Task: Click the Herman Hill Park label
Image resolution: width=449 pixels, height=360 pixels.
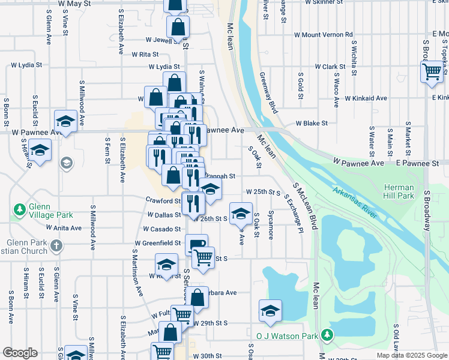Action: pyautogui.click(x=399, y=191)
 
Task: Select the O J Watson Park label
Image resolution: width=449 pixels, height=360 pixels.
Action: pyautogui.click(x=287, y=335)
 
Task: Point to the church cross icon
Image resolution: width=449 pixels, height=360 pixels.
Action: pyautogui.click(x=56, y=245)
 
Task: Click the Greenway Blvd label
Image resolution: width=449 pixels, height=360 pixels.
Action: pyautogui.click(x=268, y=93)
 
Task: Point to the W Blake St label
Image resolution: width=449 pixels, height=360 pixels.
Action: pyautogui.click(x=311, y=123)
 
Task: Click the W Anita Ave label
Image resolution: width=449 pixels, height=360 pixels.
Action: pyautogui.click(x=64, y=228)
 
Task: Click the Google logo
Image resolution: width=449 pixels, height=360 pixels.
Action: pyautogui.click(x=20, y=353)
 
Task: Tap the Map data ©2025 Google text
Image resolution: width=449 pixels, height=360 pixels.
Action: pyautogui.click(x=411, y=355)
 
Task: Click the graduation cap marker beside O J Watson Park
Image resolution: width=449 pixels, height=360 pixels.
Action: pyautogui.click(x=270, y=310)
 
